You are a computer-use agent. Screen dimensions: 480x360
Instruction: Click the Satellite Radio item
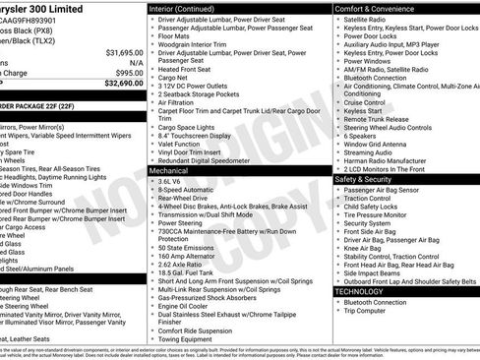[365, 19]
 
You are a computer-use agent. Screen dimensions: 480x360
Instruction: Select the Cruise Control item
[365, 101]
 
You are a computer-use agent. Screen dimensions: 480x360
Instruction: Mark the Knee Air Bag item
[363, 249]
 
